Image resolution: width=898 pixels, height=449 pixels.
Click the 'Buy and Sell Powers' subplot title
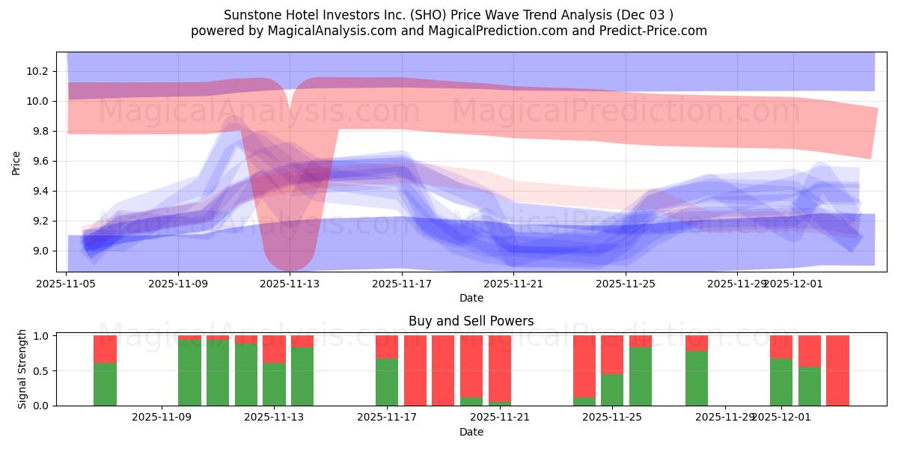[x=471, y=321]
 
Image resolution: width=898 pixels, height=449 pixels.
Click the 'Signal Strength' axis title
[x=22, y=369]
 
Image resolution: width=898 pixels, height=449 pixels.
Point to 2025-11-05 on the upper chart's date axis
[x=67, y=284]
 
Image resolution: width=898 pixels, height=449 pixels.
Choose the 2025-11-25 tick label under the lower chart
[x=612, y=418]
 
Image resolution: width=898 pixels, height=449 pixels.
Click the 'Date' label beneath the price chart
[x=471, y=298]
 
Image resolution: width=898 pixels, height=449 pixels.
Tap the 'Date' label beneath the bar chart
[x=471, y=432]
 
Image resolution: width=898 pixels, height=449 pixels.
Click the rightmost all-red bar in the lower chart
[x=837, y=370]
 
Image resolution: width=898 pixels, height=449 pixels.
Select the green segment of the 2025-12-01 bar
[x=781, y=382]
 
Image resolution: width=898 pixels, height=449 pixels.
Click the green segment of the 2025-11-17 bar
[x=387, y=382]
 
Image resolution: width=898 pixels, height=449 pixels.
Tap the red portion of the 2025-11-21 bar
[x=500, y=367]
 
